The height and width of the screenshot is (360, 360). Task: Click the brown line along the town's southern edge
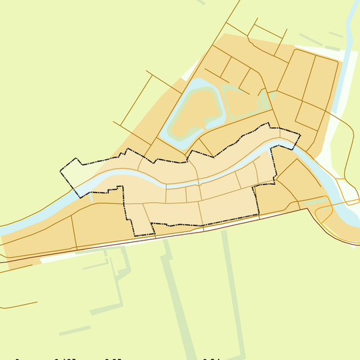tap(200, 228)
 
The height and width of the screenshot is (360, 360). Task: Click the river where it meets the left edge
tap(3, 230)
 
